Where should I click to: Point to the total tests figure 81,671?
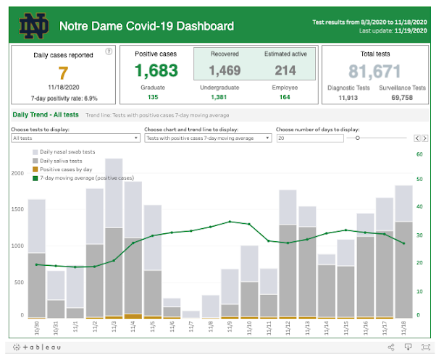click(x=375, y=71)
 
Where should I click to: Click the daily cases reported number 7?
click(x=63, y=72)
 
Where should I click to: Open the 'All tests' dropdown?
click(x=75, y=137)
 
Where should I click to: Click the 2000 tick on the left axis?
click(x=17, y=174)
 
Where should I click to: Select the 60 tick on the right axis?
click(x=419, y=154)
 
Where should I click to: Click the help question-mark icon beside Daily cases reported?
click(x=109, y=51)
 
